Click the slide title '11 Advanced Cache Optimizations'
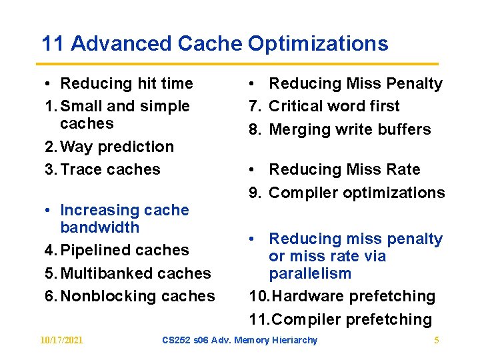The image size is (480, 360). click(214, 44)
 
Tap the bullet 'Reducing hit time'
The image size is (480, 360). click(126, 83)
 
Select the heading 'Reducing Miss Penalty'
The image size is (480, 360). click(355, 83)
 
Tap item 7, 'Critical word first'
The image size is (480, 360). click(333, 106)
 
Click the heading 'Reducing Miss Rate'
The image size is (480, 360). click(344, 169)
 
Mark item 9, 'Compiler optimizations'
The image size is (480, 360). click(356, 193)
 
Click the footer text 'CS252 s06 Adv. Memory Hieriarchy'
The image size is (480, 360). click(240, 341)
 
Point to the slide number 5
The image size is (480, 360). click(437, 341)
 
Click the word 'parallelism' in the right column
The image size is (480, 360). click(309, 274)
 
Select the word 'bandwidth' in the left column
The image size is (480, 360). click(99, 227)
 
